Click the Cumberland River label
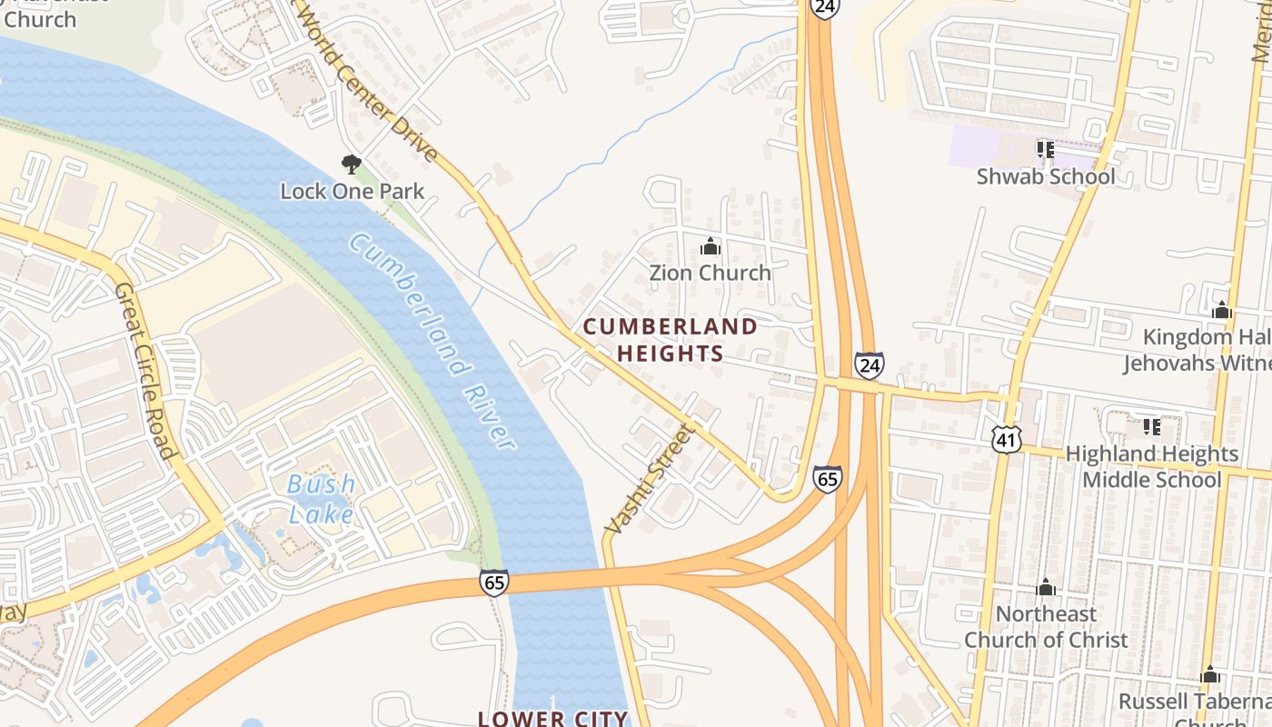click(432, 341)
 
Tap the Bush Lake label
click(321, 499)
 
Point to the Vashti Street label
click(649, 478)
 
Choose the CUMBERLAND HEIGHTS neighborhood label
click(671, 340)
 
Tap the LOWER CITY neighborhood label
click(552, 718)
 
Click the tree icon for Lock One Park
click(352, 164)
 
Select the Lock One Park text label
click(352, 192)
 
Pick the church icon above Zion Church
click(710, 246)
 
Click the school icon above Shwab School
click(1045, 149)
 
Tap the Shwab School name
click(1046, 176)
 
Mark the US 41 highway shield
click(1007, 439)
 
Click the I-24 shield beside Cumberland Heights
click(869, 365)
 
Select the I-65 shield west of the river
click(494, 583)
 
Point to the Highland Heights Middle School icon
click(1151, 426)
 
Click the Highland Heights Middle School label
click(1151, 466)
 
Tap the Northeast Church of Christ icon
click(1046, 587)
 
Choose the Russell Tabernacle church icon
click(1209, 675)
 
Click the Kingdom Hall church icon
click(1222, 311)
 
